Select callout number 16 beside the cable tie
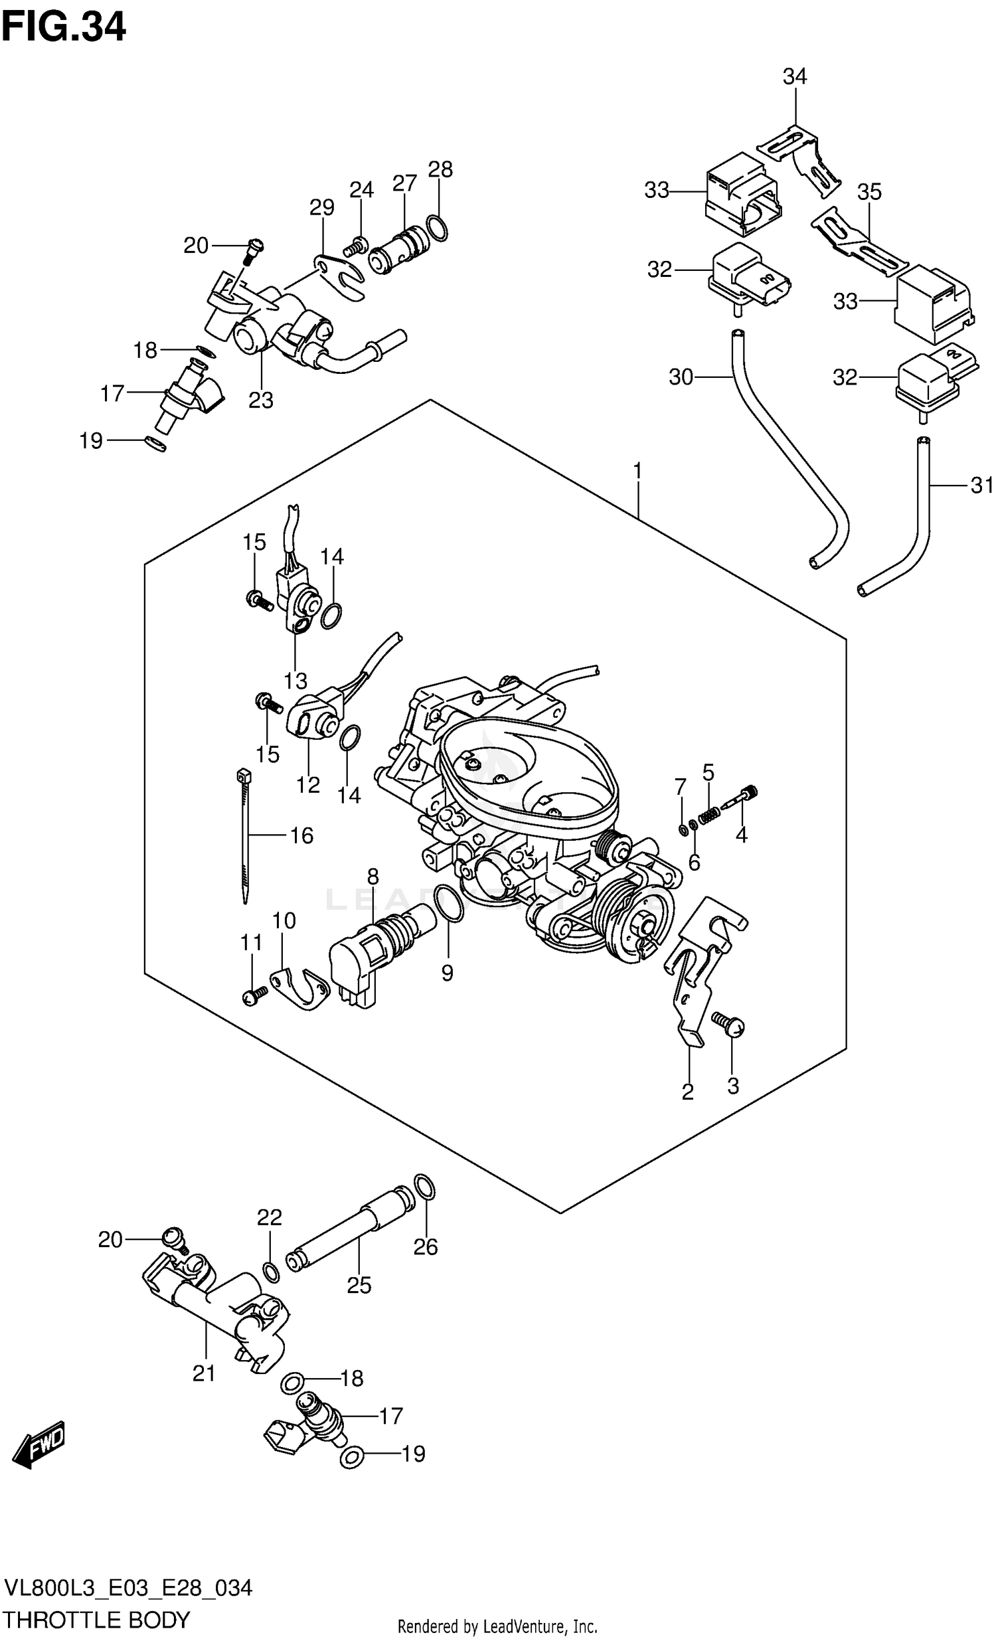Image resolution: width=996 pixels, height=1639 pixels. pyautogui.click(x=302, y=835)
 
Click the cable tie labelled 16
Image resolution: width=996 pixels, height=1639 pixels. pyautogui.click(x=244, y=838)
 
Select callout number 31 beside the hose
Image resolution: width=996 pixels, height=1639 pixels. pyautogui.click(x=982, y=485)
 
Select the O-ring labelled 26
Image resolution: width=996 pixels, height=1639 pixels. pyautogui.click(x=425, y=1187)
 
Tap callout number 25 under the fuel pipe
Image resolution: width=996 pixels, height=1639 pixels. pyautogui.click(x=359, y=1285)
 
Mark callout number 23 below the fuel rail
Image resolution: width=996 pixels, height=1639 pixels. pyautogui.click(x=261, y=400)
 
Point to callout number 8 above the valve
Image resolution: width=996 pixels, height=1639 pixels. pyautogui.click(x=373, y=877)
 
